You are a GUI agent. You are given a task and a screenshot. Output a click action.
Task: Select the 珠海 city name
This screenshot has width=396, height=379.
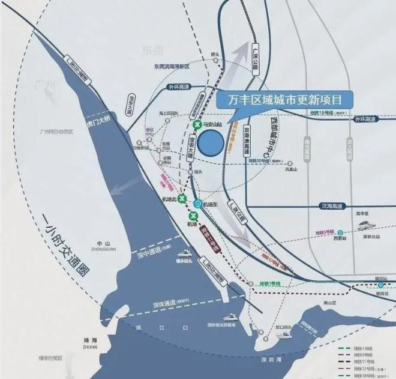(x=91, y=340)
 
